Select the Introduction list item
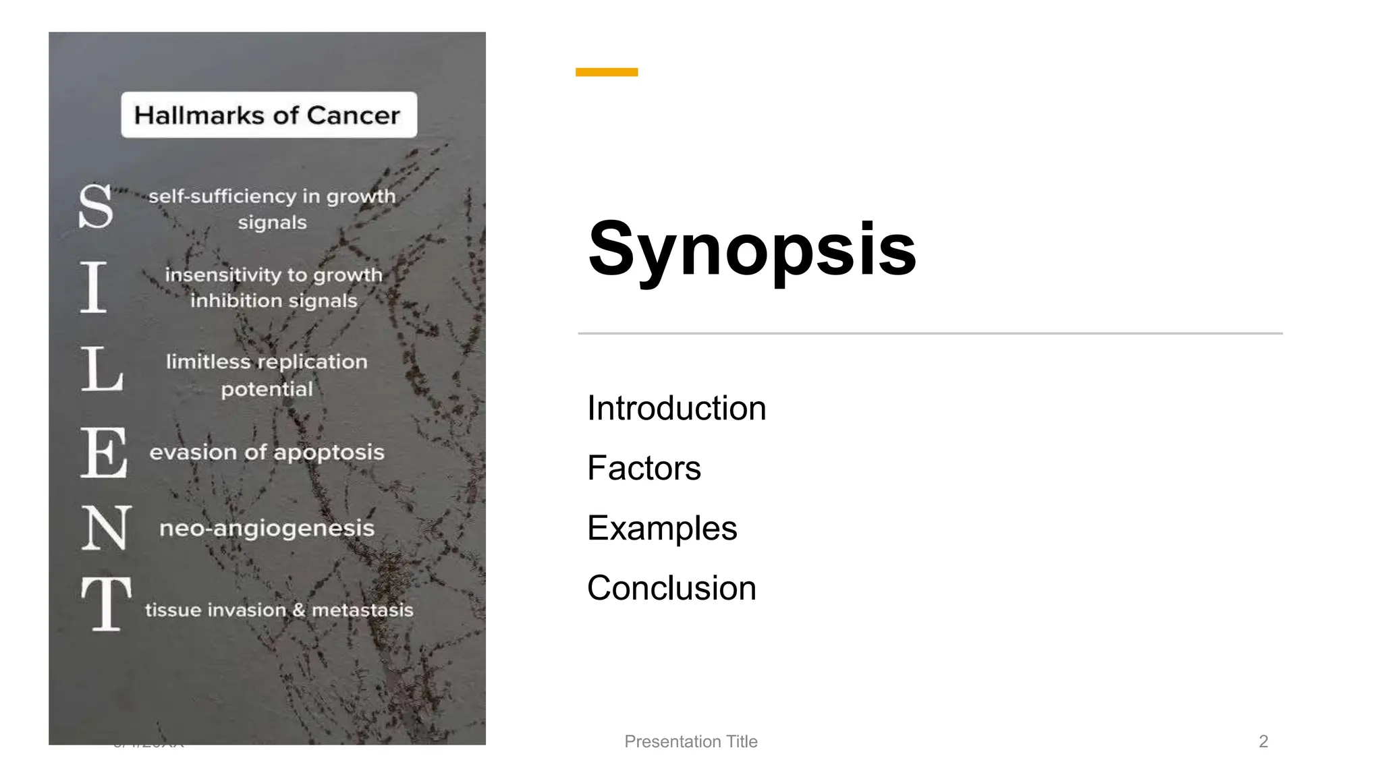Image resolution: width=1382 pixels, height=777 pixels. click(676, 408)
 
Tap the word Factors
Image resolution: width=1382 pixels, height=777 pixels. click(644, 468)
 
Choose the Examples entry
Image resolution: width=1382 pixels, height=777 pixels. click(662, 528)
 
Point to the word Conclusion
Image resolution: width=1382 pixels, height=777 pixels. click(671, 588)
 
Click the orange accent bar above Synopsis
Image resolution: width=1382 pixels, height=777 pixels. click(606, 72)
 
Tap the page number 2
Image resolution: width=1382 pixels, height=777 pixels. click(1263, 741)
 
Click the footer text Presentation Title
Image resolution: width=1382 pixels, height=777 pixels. click(691, 741)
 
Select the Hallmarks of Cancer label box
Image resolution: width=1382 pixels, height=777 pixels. click(269, 115)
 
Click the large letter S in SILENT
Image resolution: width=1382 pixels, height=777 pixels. click(96, 206)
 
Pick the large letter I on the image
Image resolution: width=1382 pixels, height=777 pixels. click(94, 287)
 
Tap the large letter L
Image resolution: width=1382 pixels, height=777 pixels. click(102, 369)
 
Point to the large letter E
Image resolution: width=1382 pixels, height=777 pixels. click(104, 453)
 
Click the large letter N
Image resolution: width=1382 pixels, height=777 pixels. click(106, 528)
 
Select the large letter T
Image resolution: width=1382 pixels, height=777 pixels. click(106, 604)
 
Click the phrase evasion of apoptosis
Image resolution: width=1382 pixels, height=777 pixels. click(267, 452)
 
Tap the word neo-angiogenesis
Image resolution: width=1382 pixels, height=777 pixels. click(267, 528)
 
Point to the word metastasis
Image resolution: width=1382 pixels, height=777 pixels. click(362, 610)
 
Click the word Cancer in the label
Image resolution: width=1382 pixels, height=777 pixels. click(353, 115)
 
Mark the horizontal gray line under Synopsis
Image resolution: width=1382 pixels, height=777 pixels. click(930, 333)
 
